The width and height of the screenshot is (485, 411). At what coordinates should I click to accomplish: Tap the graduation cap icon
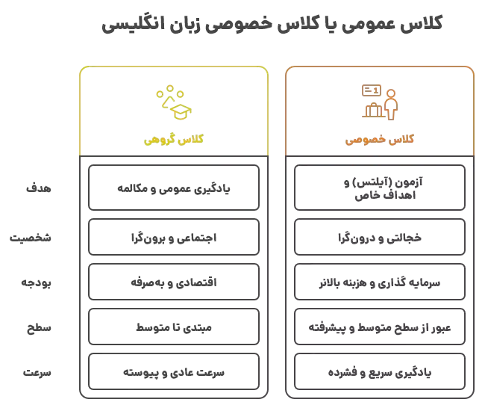[x=181, y=111]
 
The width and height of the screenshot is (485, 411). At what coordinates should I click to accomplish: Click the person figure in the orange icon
[x=391, y=105]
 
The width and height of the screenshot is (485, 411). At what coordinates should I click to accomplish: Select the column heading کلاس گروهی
[x=174, y=140]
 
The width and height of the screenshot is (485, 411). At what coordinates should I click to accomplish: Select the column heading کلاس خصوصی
[x=380, y=140]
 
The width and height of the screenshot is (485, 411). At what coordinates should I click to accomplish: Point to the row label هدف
[x=39, y=188]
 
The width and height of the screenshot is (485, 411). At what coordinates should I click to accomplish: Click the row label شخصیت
[x=31, y=238]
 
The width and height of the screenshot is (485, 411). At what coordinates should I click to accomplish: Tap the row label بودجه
[x=36, y=282]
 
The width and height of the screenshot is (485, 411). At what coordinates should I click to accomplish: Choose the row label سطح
[x=39, y=327]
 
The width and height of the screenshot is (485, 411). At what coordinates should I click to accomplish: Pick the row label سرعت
[x=37, y=372]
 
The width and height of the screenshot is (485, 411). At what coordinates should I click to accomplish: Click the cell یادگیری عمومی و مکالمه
[x=174, y=188]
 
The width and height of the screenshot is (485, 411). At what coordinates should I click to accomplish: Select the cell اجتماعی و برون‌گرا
[x=174, y=237]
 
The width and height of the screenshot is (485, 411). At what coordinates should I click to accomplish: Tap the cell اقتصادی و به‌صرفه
[x=174, y=282]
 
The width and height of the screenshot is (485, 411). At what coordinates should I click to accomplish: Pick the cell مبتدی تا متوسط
[x=174, y=327]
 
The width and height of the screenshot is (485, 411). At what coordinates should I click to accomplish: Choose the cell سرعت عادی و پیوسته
[x=174, y=371]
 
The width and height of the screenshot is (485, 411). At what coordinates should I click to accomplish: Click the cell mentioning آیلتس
[x=380, y=188]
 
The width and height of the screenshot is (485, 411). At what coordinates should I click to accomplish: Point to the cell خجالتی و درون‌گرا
[x=380, y=237]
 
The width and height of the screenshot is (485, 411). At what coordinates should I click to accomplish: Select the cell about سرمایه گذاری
[x=380, y=282]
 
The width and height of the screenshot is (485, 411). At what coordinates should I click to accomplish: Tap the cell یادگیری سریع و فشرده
[x=380, y=371]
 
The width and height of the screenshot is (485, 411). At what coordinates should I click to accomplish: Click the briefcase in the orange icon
[x=374, y=111]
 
